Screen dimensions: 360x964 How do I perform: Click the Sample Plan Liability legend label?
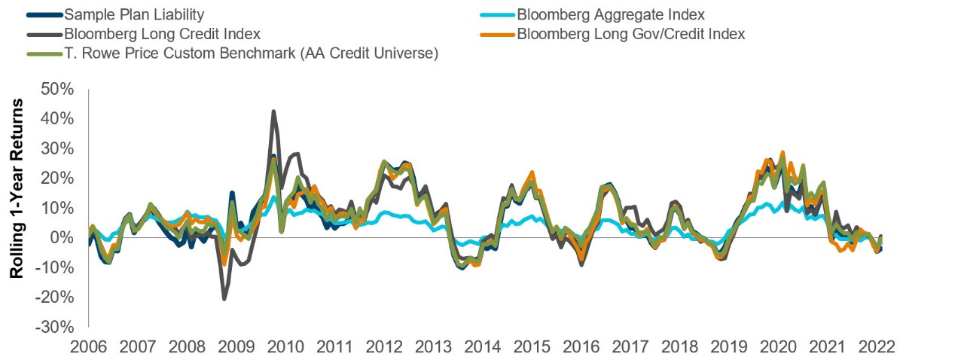134,14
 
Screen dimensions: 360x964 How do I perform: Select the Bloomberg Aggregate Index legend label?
610,14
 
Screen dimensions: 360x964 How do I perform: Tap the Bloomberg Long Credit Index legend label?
162,34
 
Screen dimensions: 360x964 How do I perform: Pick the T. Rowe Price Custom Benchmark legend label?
251,53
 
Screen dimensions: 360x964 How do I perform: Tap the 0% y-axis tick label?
62,238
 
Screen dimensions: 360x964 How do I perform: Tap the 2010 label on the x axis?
287,347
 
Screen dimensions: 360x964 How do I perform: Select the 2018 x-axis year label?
681,347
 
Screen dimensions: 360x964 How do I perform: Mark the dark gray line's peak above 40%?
273,111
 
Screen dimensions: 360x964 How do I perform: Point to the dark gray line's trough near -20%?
224,299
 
